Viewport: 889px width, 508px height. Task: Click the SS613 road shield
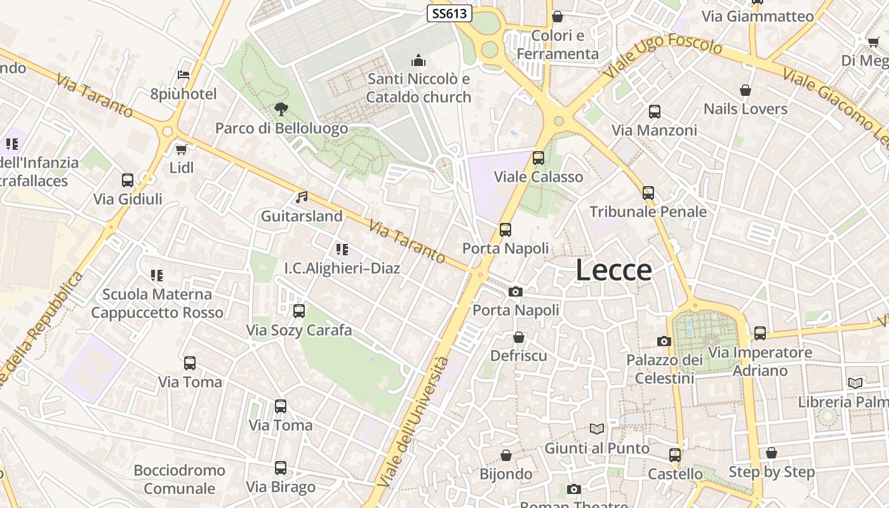click(x=449, y=13)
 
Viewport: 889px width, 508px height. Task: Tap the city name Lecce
click(x=613, y=271)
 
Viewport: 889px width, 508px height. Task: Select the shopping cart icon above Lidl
click(x=182, y=150)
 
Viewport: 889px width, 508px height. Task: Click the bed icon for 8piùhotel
click(x=184, y=75)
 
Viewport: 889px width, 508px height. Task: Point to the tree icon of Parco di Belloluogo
click(x=281, y=109)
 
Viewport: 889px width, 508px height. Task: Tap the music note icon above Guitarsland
click(x=302, y=197)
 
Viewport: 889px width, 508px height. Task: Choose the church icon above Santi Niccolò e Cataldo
click(x=418, y=61)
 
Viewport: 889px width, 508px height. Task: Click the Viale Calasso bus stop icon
click(x=538, y=157)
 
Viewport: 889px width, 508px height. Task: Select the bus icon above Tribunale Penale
click(x=648, y=192)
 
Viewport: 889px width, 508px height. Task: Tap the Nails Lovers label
click(x=745, y=109)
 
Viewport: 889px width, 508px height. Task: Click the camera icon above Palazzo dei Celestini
click(x=664, y=341)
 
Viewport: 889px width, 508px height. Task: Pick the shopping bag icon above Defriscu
click(x=519, y=337)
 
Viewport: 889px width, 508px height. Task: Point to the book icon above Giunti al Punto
click(x=596, y=429)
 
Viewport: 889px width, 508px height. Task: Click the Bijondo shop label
click(x=506, y=474)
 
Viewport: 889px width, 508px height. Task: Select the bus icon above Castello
click(x=675, y=455)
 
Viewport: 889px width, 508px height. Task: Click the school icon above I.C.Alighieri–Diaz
click(x=342, y=250)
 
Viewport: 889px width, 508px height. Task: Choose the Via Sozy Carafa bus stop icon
click(x=298, y=311)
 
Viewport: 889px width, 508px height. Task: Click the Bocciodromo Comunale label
click(x=180, y=479)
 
